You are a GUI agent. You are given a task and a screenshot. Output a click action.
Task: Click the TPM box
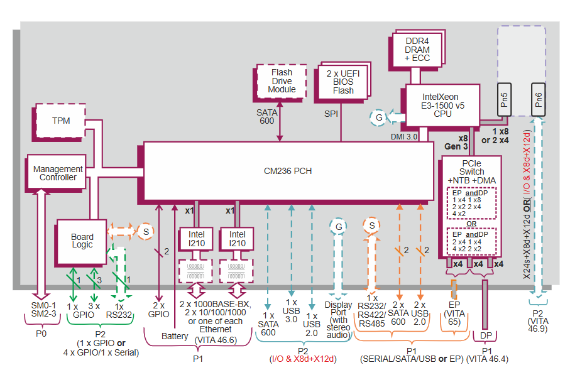(61, 121)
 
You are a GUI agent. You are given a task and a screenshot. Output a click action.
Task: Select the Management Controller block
(58, 173)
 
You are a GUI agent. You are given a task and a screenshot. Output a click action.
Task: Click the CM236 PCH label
(288, 171)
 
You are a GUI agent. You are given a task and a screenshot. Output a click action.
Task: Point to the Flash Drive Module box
(282, 81)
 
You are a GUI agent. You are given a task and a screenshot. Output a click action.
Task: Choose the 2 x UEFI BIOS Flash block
(343, 82)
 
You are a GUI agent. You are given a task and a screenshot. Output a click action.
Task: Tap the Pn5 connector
(504, 98)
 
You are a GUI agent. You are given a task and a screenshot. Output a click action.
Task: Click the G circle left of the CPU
(379, 117)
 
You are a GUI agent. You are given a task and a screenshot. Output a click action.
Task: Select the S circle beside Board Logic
(145, 232)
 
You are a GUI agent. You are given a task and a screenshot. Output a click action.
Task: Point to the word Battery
(175, 336)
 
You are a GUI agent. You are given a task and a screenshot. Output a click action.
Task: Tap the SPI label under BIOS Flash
(331, 114)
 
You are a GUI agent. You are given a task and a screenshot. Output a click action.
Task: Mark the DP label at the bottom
(486, 336)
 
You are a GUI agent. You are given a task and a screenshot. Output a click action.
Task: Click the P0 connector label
(41, 334)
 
